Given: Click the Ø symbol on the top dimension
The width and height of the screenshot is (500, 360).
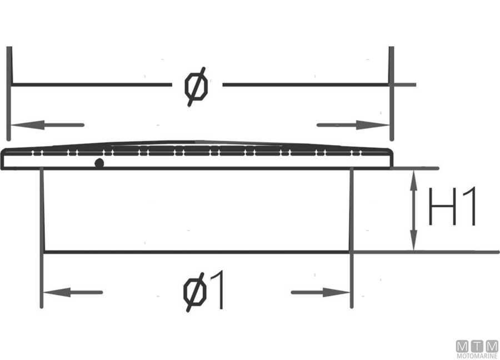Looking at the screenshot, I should click(197, 86).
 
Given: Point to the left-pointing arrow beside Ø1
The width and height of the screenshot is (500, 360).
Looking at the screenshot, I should click(72, 292).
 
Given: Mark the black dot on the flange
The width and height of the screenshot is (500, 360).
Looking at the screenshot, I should click(99, 163).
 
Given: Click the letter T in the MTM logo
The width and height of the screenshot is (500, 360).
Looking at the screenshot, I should click(477, 346).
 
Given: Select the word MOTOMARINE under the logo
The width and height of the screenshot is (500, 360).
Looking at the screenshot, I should click(477, 356).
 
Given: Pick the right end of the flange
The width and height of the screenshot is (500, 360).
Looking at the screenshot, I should click(391, 159).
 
